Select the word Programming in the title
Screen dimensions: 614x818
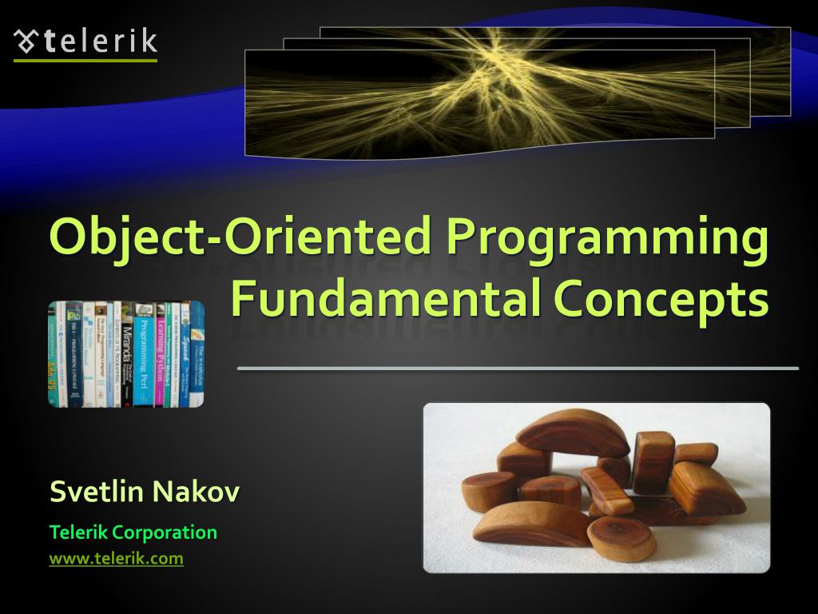point(606,240)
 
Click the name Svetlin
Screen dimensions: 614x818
point(97,492)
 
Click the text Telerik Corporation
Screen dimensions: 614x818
point(133,532)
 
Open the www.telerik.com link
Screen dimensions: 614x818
point(116,559)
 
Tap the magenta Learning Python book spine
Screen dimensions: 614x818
point(160,356)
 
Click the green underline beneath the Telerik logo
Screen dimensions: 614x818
point(85,60)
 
